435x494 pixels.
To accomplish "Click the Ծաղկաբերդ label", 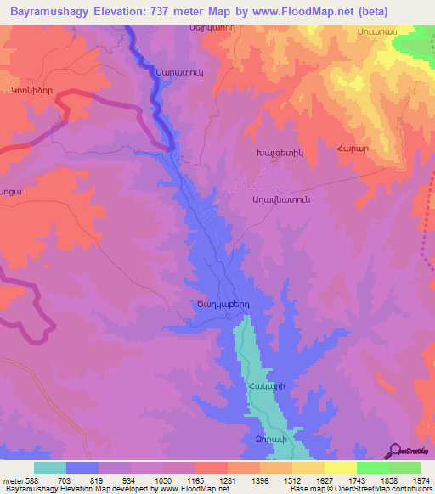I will click(219, 304).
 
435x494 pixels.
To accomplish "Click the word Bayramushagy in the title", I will click(47, 12).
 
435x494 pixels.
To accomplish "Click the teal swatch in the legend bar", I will click(49, 468).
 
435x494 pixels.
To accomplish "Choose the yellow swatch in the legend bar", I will click(341, 468).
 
